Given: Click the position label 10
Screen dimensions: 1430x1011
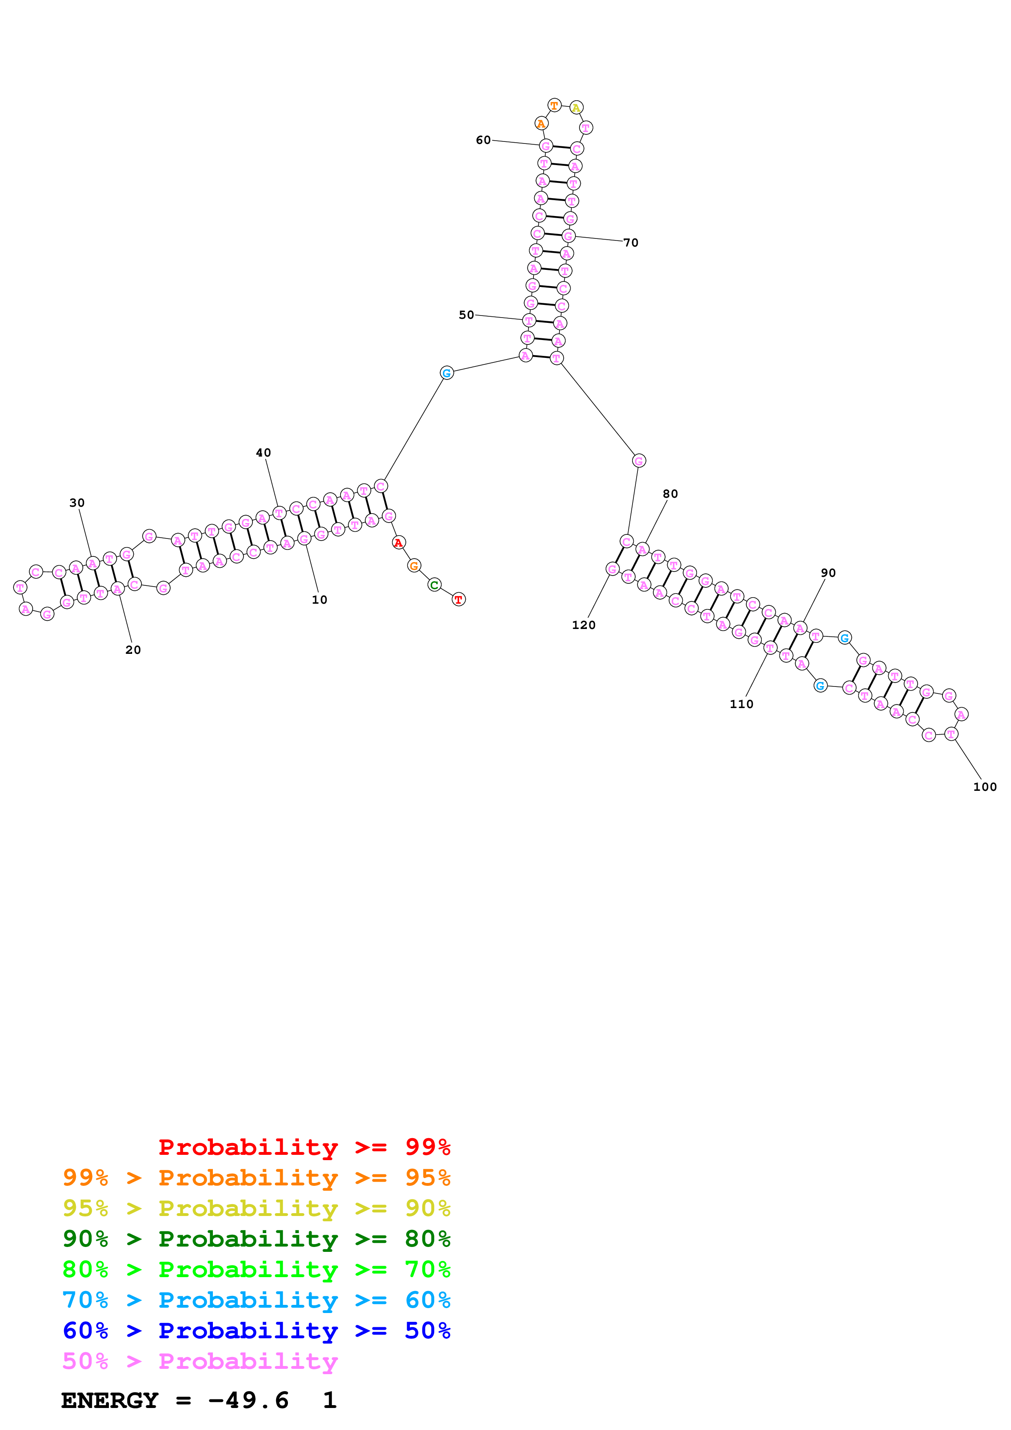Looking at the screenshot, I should pos(319,600).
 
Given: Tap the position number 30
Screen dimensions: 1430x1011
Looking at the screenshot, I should pos(77,503).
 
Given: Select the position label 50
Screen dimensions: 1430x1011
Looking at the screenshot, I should pos(466,315).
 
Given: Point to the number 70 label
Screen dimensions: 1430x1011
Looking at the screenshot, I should pos(630,243).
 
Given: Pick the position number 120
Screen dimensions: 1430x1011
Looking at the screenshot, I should pos(583,625).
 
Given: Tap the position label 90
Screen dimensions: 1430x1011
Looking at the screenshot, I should pos(828,573).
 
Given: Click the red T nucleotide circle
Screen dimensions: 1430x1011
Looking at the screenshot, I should pos(458,599).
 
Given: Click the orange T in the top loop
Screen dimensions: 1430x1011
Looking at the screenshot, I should pos(554,105).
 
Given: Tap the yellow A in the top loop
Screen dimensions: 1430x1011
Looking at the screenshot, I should pos(576,108).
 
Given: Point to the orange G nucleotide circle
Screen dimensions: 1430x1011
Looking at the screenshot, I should pos(414,565).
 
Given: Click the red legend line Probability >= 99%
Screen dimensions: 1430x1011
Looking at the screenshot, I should pos(304,1147).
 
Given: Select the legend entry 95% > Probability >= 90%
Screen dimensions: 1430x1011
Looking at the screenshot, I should pos(256,1208).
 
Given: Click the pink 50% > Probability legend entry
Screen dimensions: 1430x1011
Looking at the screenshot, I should pos(199,1361).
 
